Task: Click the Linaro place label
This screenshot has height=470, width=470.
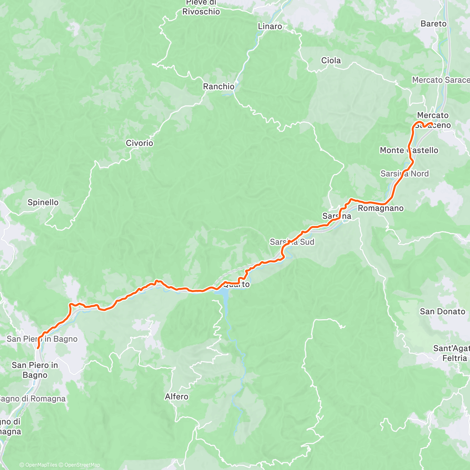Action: [270, 27]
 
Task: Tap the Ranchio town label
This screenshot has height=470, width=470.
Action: [219, 87]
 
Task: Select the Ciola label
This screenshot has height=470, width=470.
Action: [331, 60]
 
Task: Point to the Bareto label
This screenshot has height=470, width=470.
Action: [433, 24]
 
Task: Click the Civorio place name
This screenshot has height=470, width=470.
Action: [139, 143]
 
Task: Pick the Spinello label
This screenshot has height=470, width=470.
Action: [43, 202]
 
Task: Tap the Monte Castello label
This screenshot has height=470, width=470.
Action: [409, 150]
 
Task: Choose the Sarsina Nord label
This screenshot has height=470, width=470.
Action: [404, 174]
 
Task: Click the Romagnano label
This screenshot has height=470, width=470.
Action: [381, 208]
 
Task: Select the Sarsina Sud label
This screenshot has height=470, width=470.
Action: [292, 242]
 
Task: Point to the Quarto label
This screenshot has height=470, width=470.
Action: [236, 285]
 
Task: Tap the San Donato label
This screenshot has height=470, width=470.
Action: [443, 312]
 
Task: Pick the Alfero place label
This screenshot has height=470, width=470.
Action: [177, 397]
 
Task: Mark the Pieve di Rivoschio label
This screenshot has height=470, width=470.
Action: [201, 7]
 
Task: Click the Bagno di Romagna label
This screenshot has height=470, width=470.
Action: [32, 399]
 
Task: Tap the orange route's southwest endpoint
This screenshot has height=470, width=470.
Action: [38, 347]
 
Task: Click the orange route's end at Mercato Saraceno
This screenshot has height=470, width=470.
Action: [431, 124]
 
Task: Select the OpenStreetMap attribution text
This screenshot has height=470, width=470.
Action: [82, 465]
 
